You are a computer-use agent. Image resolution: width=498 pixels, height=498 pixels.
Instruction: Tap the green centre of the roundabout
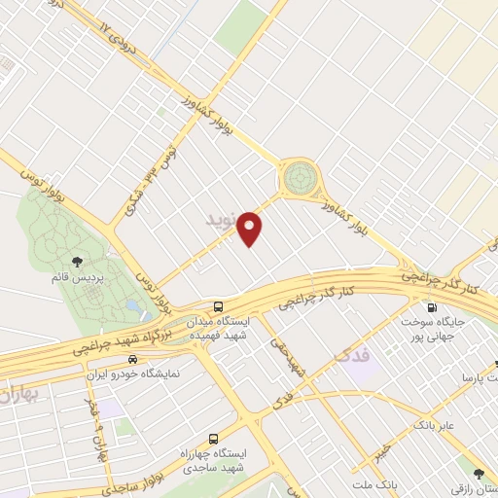pos(299,178)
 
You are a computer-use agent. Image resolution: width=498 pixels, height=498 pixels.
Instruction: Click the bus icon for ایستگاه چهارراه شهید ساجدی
pos(213,438)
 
